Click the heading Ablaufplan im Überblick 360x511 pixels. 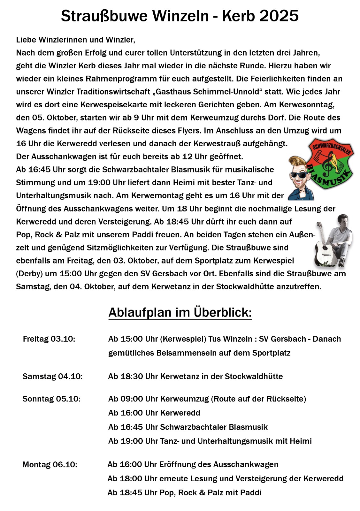pos(180,312)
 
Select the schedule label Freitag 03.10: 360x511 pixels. pos(49,339)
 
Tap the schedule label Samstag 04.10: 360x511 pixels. pos(52,376)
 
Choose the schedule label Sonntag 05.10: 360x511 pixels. pos(51,399)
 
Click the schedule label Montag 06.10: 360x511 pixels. pos(50,464)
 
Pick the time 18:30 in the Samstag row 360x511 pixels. pos(131,376)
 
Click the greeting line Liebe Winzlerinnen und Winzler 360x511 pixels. pos(76,40)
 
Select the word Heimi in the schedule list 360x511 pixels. pos(301,441)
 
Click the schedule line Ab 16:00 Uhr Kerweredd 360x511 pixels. pos(154,413)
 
